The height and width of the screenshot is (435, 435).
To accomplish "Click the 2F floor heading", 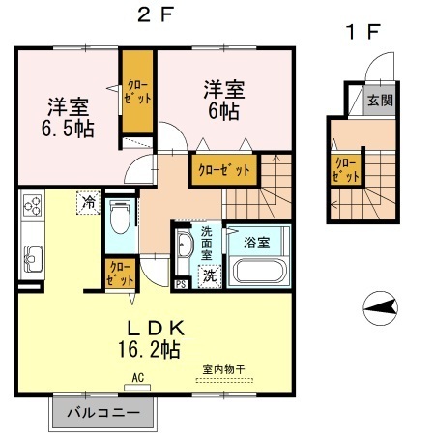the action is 156,14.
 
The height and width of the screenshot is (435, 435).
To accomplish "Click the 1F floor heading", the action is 363,32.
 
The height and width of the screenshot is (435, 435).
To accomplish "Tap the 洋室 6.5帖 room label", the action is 68,118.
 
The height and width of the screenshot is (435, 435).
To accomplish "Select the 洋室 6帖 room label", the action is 224,100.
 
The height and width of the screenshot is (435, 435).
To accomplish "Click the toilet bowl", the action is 120,217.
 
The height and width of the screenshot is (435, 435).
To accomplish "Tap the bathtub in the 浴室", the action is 259,271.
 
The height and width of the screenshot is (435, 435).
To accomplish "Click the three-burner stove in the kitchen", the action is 33,205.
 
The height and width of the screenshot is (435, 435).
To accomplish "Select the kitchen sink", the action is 32,259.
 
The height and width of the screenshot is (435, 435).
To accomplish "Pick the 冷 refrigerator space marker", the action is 88,202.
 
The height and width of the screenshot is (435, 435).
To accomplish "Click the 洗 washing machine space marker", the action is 210,275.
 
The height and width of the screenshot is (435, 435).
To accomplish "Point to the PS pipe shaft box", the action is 181,284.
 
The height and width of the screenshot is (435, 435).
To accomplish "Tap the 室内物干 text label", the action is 224,369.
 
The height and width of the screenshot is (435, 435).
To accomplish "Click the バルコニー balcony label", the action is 103,413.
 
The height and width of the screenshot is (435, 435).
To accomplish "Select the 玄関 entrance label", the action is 381,101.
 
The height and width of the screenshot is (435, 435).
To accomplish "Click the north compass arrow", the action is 380,308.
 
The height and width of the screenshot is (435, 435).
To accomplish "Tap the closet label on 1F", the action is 345,170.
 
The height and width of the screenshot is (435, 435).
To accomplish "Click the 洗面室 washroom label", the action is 207,243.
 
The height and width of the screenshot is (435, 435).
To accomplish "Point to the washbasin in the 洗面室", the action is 185,245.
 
